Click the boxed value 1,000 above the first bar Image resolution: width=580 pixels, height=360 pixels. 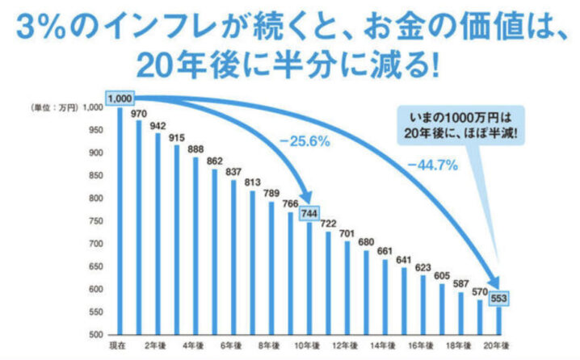point(119,98)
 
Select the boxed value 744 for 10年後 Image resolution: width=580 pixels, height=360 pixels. point(309,215)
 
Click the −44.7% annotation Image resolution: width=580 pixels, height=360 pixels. point(433,165)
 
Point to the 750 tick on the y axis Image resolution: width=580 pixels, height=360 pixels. point(95,221)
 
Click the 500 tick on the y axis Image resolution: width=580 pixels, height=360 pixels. point(95,334)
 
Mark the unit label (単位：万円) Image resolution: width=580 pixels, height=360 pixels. point(53,108)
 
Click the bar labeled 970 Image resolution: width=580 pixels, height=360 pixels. point(138,226)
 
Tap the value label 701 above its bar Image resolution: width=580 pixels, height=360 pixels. point(347,234)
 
